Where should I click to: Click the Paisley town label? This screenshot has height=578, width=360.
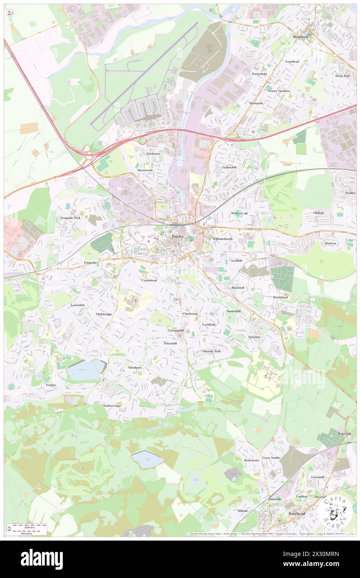click(178, 236)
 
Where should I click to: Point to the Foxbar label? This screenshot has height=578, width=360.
click(51, 385)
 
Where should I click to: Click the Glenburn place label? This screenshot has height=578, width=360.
click(136, 368)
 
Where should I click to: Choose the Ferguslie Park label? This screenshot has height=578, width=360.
click(71, 217)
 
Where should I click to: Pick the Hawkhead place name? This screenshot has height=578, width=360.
click(281, 297)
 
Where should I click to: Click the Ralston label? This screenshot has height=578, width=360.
click(331, 243)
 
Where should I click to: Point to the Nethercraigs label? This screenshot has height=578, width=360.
click(112, 405)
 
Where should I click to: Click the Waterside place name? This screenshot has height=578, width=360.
click(345, 434)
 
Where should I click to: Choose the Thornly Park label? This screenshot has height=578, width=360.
click(212, 351)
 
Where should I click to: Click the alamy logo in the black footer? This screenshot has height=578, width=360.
click(42, 559)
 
